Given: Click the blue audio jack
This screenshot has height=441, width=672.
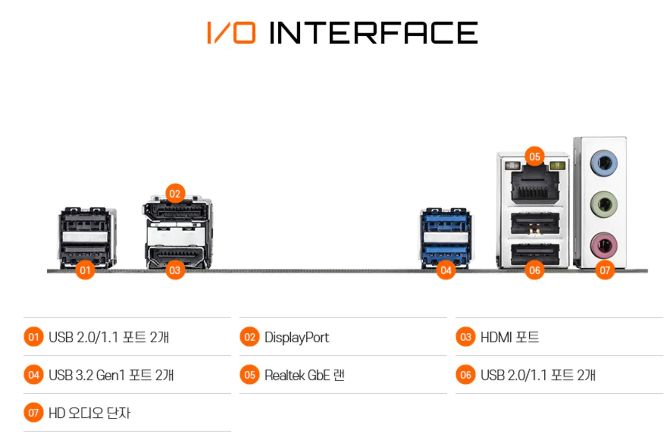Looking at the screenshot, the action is pyautogui.click(x=604, y=163).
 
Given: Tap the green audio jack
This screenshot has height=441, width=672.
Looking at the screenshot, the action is pyautogui.click(x=604, y=205).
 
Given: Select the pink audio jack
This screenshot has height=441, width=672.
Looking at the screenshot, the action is pyautogui.click(x=604, y=246).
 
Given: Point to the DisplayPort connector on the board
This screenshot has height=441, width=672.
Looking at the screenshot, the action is pyautogui.click(x=176, y=212).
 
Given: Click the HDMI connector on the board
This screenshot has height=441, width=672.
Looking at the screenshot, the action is pyautogui.click(x=176, y=256).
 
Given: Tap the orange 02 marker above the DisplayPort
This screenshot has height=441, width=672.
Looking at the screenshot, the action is pyautogui.click(x=175, y=194).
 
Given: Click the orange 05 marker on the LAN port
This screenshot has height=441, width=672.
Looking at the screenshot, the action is pyautogui.click(x=534, y=156).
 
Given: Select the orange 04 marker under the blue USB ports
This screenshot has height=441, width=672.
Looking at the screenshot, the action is pyautogui.click(x=446, y=270).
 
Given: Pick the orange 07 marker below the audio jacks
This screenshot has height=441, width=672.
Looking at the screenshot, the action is pyautogui.click(x=604, y=270).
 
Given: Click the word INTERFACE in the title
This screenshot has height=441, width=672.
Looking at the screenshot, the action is pyautogui.click(x=373, y=33).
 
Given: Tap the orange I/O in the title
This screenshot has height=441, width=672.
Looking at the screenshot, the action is pyautogui.click(x=232, y=33).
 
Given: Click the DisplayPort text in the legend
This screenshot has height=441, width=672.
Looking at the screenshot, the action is pyautogui.click(x=297, y=338).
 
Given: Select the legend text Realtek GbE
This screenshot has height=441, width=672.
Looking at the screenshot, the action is pyautogui.click(x=297, y=375).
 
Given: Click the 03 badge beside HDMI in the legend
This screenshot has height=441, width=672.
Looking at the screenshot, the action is pyautogui.click(x=465, y=337).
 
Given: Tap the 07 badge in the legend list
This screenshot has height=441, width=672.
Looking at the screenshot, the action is pyautogui.click(x=34, y=413).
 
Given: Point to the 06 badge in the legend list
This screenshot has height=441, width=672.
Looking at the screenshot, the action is pyautogui.click(x=465, y=375).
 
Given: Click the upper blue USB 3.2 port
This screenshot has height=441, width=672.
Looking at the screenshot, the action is pyautogui.click(x=446, y=222).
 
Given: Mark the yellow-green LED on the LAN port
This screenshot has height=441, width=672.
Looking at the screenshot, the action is pyautogui.click(x=558, y=165).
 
